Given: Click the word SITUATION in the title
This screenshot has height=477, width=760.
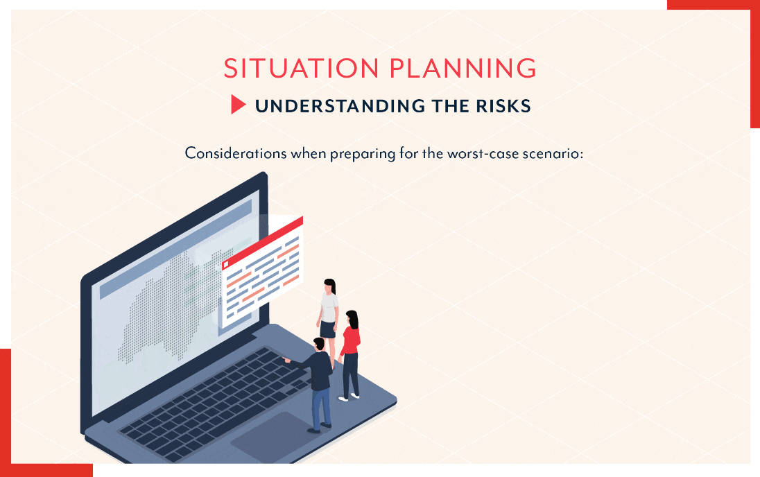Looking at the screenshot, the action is [x=301, y=69].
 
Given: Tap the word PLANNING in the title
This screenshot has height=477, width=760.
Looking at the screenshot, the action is [x=463, y=69].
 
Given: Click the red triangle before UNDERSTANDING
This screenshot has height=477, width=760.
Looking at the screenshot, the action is [x=239, y=105].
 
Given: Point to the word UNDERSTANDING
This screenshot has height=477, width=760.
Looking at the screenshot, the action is [x=340, y=106].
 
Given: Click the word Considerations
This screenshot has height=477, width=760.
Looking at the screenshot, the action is [x=236, y=153].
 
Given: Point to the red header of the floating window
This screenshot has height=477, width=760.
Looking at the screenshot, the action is [x=262, y=241].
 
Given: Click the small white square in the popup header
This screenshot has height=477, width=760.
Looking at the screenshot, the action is [x=225, y=264].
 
